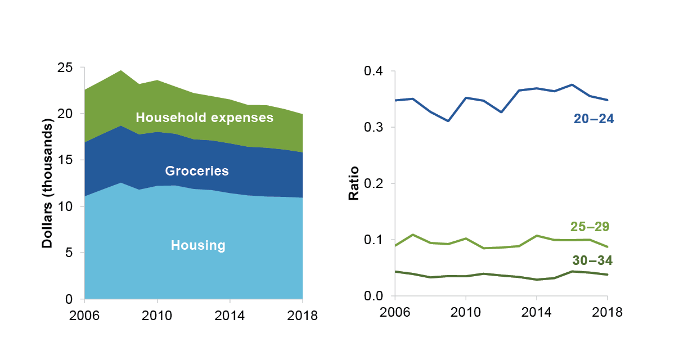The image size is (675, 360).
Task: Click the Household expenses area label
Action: click(205, 118)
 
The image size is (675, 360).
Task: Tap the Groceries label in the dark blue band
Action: click(197, 171)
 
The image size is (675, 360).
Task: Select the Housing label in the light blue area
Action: click(198, 245)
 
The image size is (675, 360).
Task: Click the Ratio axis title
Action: click(354, 183)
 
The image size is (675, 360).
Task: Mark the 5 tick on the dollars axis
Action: click(70, 253)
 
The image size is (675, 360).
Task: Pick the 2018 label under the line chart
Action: click(607, 312)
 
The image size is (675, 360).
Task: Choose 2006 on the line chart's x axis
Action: click(395, 312)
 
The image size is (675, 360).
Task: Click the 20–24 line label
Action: click(593, 119)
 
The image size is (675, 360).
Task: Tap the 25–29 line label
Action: click(590, 227)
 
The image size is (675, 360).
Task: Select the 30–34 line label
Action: click(592, 260)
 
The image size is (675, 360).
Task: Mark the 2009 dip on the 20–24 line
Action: click(448, 121)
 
